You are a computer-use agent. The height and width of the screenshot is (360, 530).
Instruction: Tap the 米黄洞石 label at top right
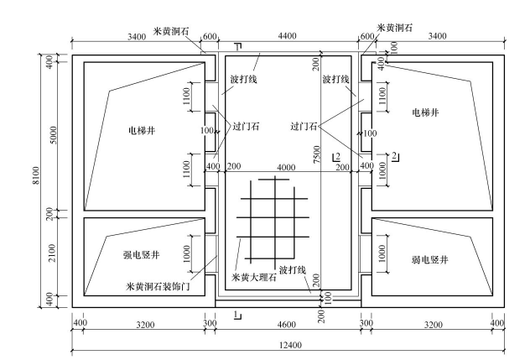point(396,27)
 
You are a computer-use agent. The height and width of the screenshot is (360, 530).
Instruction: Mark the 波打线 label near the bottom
point(294,269)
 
